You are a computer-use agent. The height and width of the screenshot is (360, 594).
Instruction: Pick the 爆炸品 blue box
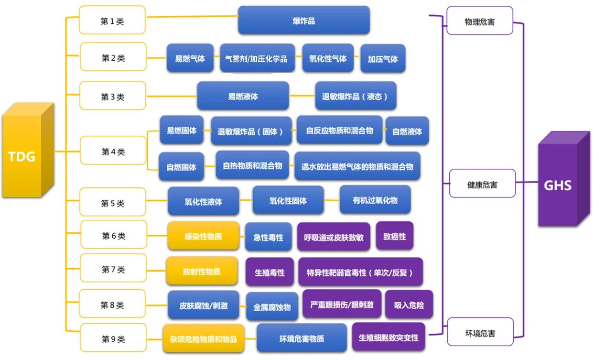[303, 21]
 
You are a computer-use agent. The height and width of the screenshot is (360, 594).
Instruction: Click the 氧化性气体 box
[328, 58]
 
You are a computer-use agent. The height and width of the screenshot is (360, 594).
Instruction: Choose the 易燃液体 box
[243, 96]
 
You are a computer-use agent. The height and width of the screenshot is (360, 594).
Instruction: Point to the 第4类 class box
[113, 152]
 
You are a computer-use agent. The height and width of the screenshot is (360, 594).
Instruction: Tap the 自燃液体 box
[407, 131]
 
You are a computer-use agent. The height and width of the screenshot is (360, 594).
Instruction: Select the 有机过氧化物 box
[375, 200]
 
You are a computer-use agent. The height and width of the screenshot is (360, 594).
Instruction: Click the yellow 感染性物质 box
[203, 236]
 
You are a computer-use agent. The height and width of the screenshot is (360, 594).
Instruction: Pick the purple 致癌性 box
[394, 236]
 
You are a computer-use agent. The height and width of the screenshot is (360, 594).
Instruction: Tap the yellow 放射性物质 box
[202, 271]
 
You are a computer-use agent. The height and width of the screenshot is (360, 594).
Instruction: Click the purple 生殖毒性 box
[270, 272]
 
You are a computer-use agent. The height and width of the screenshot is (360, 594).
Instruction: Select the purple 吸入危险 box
[409, 305]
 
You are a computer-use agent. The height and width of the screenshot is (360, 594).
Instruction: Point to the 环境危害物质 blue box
[302, 338]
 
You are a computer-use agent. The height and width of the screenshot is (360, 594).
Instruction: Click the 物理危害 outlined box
[479, 22]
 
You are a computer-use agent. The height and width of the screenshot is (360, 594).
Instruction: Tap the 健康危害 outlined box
[482, 184]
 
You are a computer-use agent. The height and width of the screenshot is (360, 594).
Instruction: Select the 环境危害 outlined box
[480, 332]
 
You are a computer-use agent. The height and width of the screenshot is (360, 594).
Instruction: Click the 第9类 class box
[113, 339]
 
